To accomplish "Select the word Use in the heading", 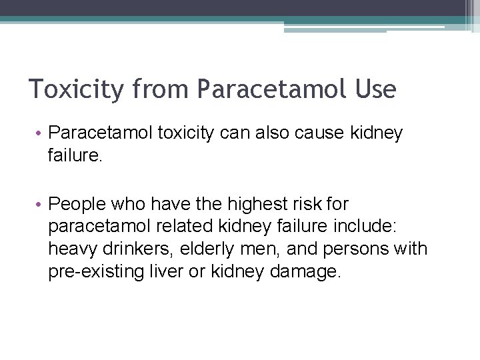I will coord(376,89).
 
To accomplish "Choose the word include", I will coord(367,227).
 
